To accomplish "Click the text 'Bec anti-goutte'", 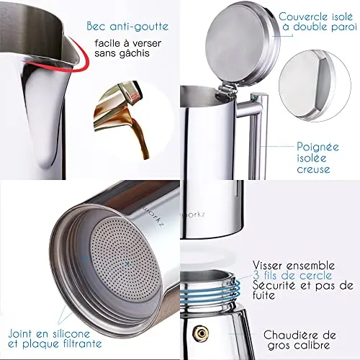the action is tap(127, 27).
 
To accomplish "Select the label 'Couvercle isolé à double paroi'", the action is tap(318, 22).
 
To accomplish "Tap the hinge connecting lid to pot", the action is tap(227, 91).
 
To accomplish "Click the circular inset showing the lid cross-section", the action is tap(315, 86).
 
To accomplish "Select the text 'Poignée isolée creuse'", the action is tap(318, 158).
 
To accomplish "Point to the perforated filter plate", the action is tap(125, 258).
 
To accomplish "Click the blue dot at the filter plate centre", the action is tap(127, 264).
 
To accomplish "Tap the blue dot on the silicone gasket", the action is tap(84, 259).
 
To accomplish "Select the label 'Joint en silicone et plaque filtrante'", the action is tap(55, 338).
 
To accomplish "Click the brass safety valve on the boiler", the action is tap(201, 333).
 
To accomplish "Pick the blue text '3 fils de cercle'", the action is tap(292, 275).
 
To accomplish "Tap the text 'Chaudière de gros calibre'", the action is tap(300, 340).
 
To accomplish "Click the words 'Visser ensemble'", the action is tap(294, 266).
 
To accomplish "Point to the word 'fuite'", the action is tap(264, 295).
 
